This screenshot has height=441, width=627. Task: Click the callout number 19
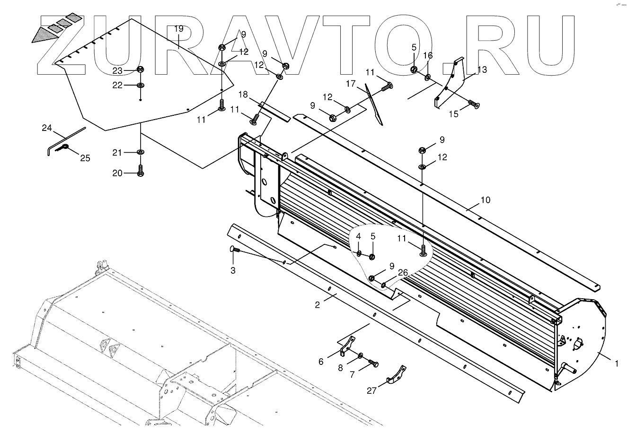pyautogui.click(x=178, y=29)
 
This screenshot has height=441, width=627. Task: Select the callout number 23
pyautogui.click(x=117, y=70)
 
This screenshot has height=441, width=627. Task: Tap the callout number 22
pyautogui.click(x=117, y=85)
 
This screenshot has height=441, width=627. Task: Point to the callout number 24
pyautogui.click(x=46, y=127)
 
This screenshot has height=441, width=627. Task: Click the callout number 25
pyautogui.click(x=85, y=158)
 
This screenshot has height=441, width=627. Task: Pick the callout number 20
pyautogui.click(x=117, y=173)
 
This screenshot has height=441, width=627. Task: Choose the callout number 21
pyautogui.click(x=117, y=153)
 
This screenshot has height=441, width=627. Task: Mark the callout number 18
pyautogui.click(x=243, y=95)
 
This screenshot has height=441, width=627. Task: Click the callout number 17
pyautogui.click(x=363, y=84)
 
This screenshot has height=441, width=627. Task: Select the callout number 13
pyautogui.click(x=482, y=70)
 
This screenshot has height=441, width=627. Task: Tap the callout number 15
pyautogui.click(x=453, y=114)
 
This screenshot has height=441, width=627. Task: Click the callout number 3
pyautogui.click(x=233, y=270)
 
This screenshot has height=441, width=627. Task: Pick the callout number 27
pyautogui.click(x=372, y=390)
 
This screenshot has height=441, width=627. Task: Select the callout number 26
pyautogui.click(x=403, y=273)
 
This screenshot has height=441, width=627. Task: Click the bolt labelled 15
pyautogui.click(x=473, y=103)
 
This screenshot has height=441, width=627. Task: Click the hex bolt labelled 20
pyautogui.click(x=140, y=172)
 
